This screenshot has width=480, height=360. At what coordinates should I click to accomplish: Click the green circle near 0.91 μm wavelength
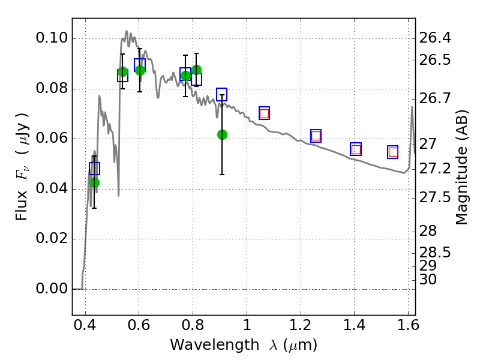(x=222, y=134)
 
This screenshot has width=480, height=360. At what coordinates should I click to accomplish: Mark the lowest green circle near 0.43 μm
(x=94, y=182)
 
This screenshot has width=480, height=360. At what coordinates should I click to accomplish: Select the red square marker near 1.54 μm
(x=393, y=152)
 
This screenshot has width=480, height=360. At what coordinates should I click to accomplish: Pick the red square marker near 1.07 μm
(x=264, y=113)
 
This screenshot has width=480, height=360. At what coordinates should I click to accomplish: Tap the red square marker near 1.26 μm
(x=316, y=136)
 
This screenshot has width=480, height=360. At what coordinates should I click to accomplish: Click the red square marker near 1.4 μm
(x=356, y=149)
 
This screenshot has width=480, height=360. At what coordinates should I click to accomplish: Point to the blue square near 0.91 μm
(x=221, y=95)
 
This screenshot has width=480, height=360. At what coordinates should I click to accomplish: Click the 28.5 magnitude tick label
(x=434, y=252)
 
